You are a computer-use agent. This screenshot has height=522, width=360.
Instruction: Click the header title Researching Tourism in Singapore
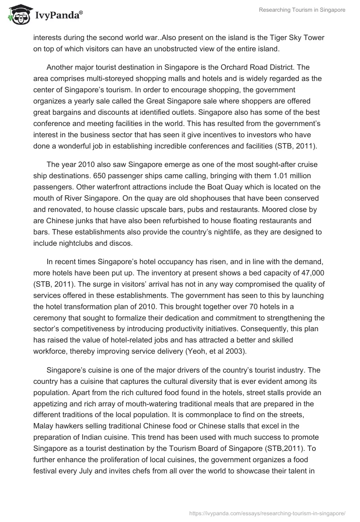click(302, 10)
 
